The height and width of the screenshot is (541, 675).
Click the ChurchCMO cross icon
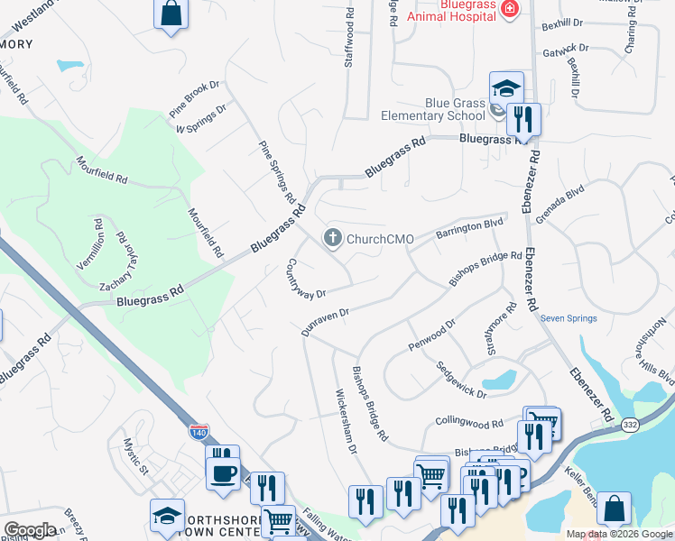tap(332, 238)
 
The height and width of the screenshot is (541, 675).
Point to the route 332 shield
tap(630, 423)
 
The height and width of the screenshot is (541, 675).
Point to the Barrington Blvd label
tap(468, 228)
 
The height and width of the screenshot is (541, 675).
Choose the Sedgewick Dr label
tap(461, 381)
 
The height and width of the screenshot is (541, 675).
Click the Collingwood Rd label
tap(468, 423)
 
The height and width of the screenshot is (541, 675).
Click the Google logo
tap(30, 530)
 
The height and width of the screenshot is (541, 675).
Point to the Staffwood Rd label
tap(350, 41)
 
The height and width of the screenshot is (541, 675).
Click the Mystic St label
tap(136, 455)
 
